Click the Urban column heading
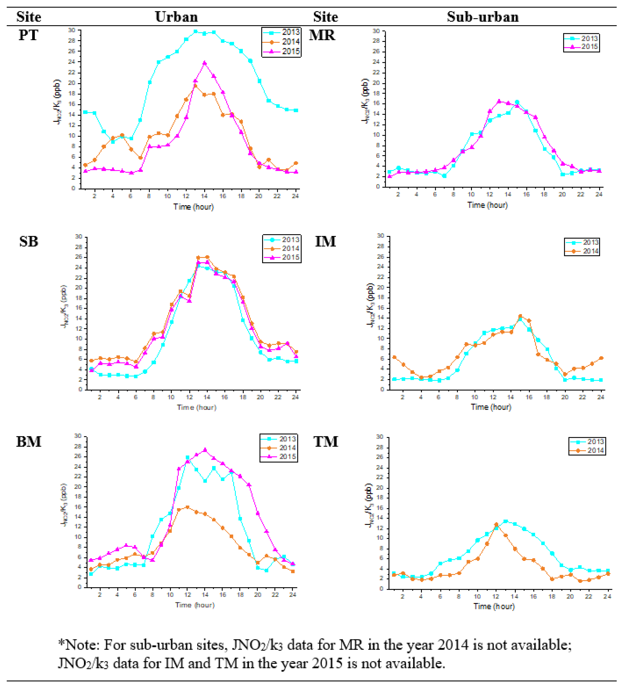(x=176, y=17)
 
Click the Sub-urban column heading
(x=482, y=17)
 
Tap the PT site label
(x=28, y=35)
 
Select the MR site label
(x=322, y=35)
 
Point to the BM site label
(x=29, y=442)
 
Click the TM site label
(x=326, y=442)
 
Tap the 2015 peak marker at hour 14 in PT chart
(x=204, y=63)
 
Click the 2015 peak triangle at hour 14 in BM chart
(x=205, y=450)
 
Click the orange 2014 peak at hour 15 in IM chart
(x=520, y=316)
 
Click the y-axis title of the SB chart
(x=63, y=307)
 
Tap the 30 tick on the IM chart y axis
(x=380, y=236)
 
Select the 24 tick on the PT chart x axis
(x=295, y=196)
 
